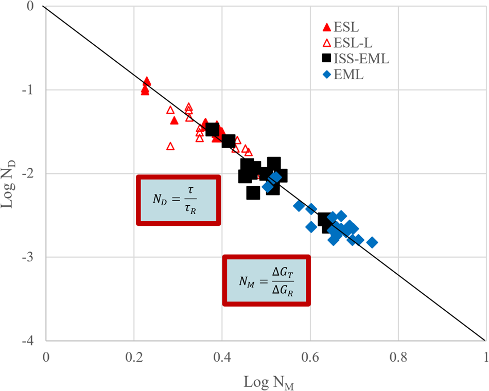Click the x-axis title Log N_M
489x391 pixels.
tap(266, 381)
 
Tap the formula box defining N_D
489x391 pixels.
tap(178, 200)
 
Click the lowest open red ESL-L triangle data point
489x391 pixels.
tap(170, 146)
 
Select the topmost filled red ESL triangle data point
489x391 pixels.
tap(147, 81)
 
